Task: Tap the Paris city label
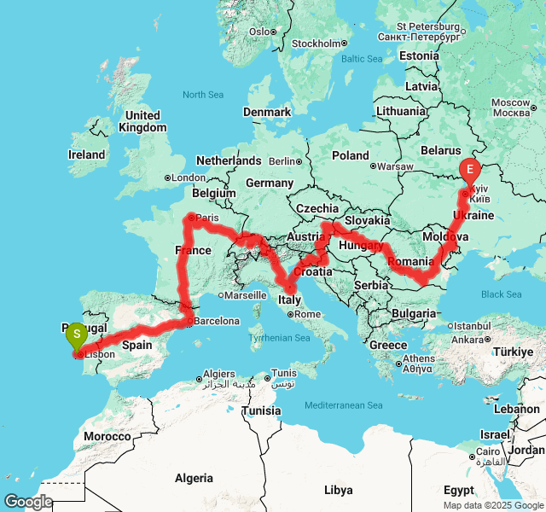tap(207, 218)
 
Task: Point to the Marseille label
tap(247, 295)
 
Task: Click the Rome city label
tap(308, 314)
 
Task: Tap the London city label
tap(189, 177)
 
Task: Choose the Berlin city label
tap(281, 160)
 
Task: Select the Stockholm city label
tap(317, 44)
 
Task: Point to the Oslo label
tap(259, 32)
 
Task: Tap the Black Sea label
tap(501, 294)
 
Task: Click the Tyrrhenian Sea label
tap(279, 338)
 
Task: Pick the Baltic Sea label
tap(362, 59)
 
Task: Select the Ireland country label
tap(86, 154)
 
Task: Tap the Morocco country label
tap(107, 436)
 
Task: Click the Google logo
tap(27, 502)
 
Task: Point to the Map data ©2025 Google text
tap(493, 505)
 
